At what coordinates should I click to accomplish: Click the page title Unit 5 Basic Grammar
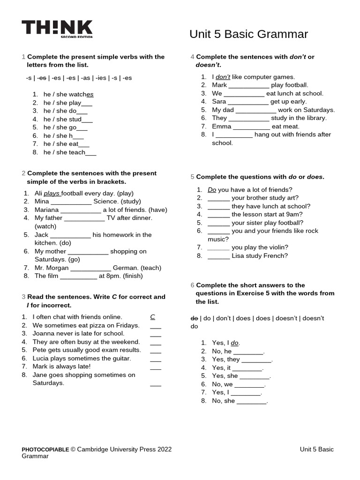[248, 34]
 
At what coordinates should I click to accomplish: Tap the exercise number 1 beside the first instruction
[23, 57]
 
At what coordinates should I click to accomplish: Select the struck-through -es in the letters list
[42, 78]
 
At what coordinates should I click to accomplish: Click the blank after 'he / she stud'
[88, 120]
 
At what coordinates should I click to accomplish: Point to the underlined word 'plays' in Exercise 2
[52, 193]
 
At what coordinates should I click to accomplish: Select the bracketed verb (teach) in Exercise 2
[151, 268]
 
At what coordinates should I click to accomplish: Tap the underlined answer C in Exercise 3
[153, 317]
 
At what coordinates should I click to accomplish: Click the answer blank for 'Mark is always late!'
[156, 367]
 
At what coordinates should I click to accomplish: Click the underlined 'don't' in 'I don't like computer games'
[223, 77]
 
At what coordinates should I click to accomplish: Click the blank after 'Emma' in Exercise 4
[251, 127]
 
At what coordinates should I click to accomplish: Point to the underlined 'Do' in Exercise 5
[212, 190]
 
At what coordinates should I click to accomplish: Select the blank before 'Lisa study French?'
[218, 256]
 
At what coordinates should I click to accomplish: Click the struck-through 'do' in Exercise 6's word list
[194, 318]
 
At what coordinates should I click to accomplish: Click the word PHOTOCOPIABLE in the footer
[45, 450]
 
